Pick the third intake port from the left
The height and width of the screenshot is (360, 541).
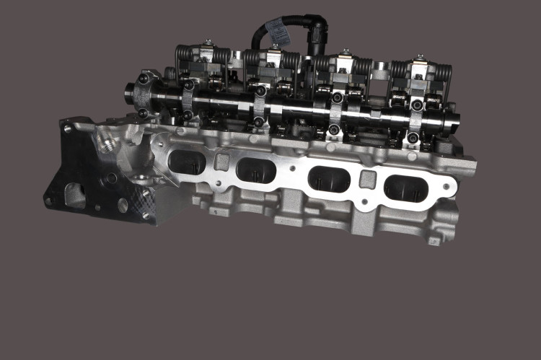tap(330, 178)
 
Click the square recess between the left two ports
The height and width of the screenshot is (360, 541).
tap(221, 161)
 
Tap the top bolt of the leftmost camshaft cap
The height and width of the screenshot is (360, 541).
tap(188, 85)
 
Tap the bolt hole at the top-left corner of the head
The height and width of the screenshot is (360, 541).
tap(67, 129)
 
